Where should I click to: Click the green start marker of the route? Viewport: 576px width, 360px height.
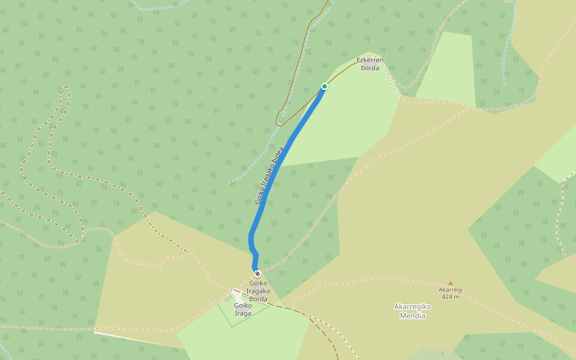click(x=325, y=86)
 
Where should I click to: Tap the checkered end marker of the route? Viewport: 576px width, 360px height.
click(x=257, y=274)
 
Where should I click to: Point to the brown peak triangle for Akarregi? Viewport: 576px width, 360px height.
click(x=451, y=283)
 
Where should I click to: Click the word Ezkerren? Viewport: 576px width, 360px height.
click(x=370, y=60)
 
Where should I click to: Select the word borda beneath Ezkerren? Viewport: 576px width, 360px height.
click(x=370, y=68)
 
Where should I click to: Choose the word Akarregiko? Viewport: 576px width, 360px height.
click(x=412, y=307)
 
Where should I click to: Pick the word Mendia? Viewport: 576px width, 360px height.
click(x=412, y=316)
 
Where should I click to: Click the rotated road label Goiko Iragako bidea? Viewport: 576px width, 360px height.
click(x=269, y=176)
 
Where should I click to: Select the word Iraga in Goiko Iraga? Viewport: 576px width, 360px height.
click(x=243, y=313)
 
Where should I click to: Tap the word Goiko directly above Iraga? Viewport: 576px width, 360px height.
click(x=243, y=305)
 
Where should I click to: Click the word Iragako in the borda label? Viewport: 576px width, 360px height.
click(x=258, y=291)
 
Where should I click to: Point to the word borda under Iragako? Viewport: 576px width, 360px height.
click(x=258, y=299)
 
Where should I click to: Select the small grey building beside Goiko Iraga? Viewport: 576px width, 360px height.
click(x=228, y=298)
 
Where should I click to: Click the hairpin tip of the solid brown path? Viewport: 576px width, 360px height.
click(x=277, y=124)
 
